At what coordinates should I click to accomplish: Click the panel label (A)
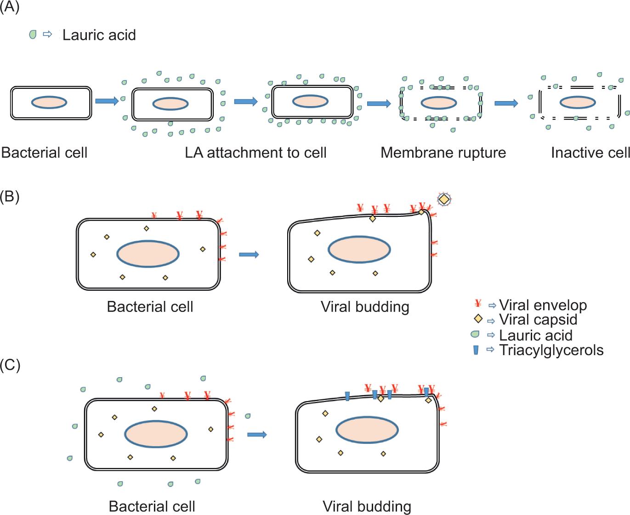[9, 7]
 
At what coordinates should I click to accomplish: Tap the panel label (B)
[9, 197]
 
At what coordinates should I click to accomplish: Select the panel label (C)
[10, 365]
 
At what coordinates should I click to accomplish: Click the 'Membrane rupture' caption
[443, 153]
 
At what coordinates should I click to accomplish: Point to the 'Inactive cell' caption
[590, 153]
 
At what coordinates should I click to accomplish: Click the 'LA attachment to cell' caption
[255, 153]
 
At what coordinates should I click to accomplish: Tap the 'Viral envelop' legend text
[543, 305]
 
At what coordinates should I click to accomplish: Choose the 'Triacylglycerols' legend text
[551, 350]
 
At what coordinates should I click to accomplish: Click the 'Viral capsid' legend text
[538, 320]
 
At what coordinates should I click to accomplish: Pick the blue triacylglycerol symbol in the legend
[476, 350]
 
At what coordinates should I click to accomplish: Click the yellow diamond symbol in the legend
[478, 319]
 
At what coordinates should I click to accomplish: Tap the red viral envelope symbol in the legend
[478, 304]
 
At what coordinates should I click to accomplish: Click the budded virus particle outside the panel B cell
[444, 199]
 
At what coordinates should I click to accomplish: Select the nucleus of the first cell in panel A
[49, 102]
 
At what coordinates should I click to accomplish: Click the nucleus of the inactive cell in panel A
[578, 102]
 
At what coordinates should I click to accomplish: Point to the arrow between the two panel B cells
[249, 255]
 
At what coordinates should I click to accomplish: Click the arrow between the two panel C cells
[257, 435]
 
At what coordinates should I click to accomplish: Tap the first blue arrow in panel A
[107, 101]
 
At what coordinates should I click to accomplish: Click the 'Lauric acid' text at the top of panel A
[99, 35]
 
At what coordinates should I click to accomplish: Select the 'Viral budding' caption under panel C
[367, 506]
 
